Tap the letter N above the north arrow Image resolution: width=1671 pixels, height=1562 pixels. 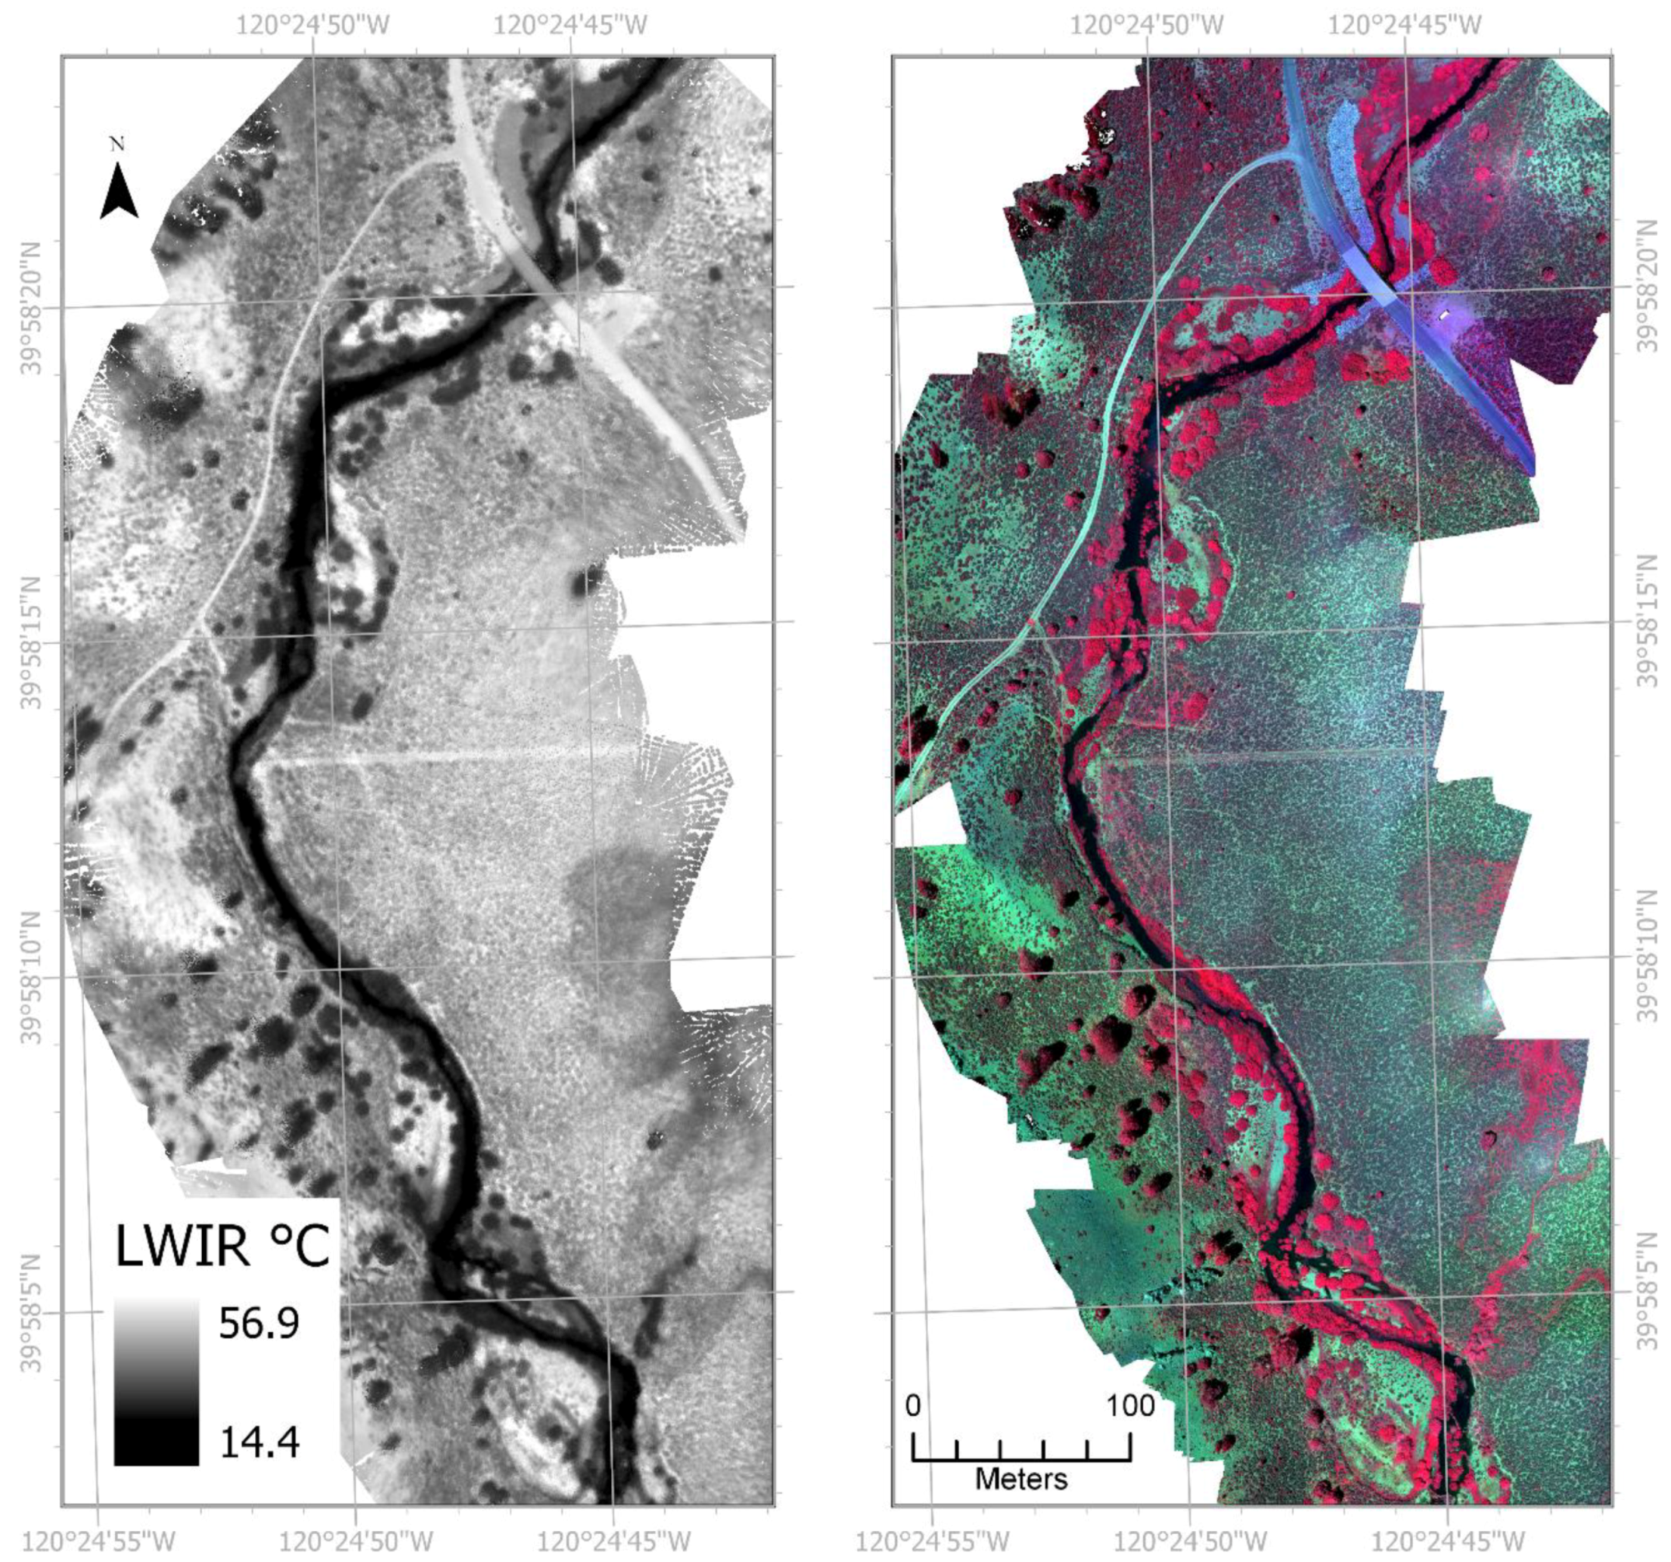coord(117,144)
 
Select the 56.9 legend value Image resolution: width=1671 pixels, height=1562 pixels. coord(259,1325)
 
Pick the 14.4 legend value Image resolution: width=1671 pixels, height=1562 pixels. coord(259,1442)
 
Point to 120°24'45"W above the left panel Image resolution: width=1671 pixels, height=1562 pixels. coord(570,24)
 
